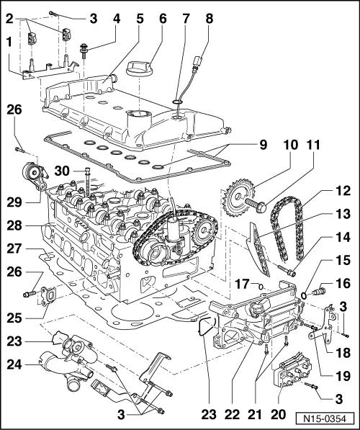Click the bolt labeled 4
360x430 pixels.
pos(84,50)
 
